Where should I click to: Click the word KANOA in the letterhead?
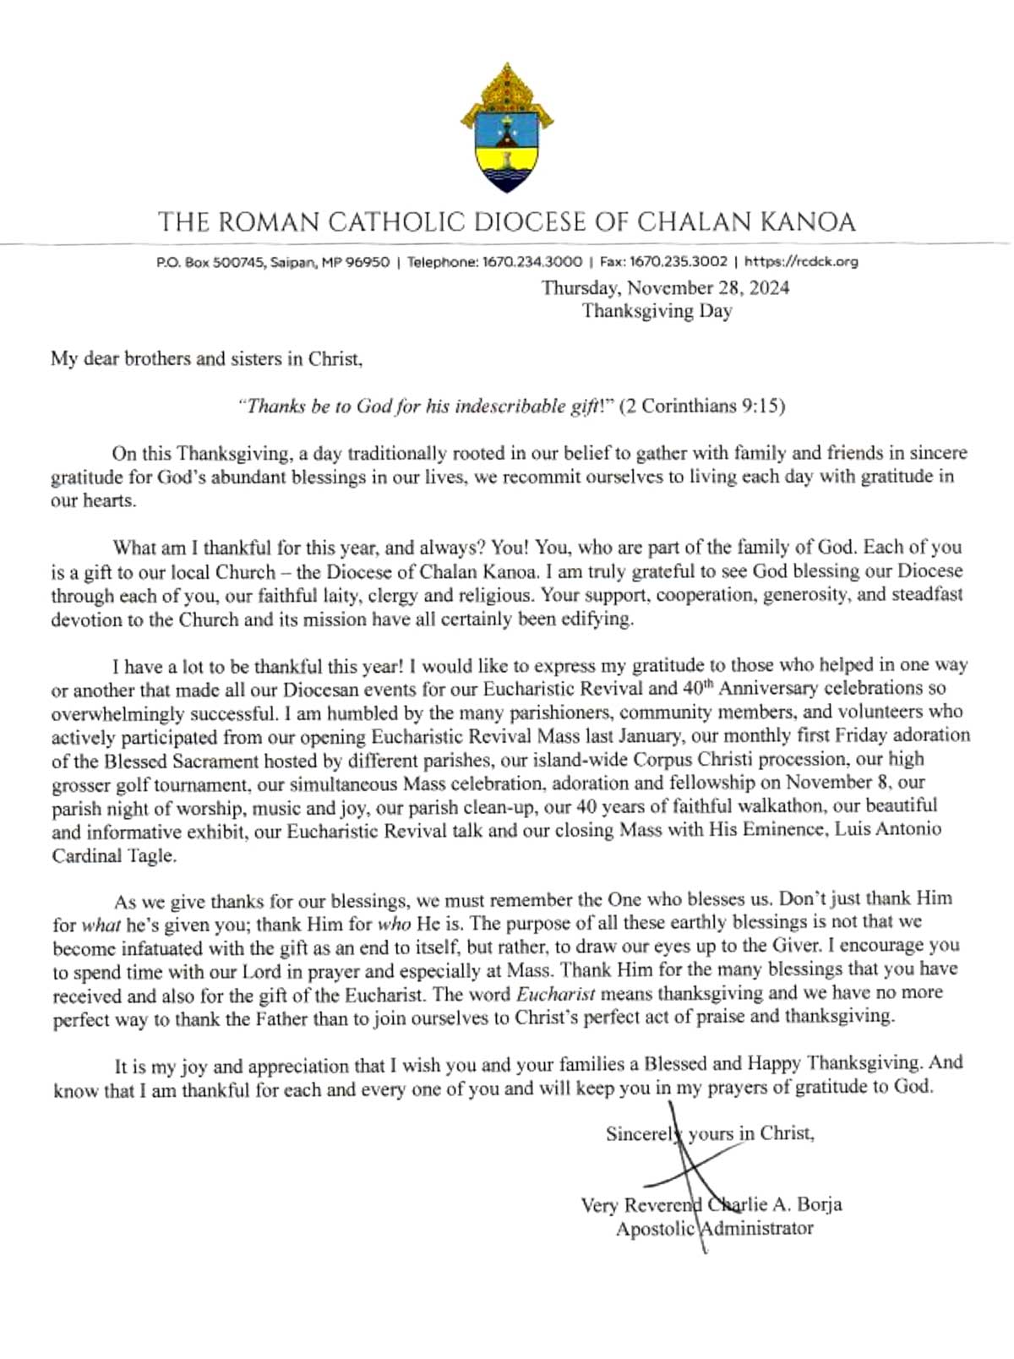[x=808, y=222]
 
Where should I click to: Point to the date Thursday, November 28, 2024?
[x=666, y=288]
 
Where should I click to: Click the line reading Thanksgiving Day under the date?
[x=657, y=311]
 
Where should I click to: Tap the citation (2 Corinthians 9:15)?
[x=702, y=407]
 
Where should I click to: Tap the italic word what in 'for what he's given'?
[x=101, y=925]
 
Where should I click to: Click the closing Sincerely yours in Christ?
[x=710, y=1133]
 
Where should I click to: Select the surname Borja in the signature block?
[x=819, y=1204]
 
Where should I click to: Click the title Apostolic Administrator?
[x=714, y=1228]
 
